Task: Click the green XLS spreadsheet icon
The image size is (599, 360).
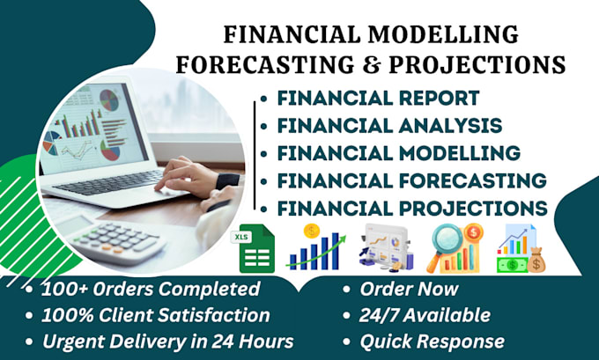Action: click(253, 248)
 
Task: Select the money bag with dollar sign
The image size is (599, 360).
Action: click(536, 260)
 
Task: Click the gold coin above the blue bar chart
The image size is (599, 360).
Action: click(312, 231)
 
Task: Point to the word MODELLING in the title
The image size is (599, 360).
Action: click(443, 34)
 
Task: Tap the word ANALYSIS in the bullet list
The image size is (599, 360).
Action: click(450, 126)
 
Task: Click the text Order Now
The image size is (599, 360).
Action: click(409, 289)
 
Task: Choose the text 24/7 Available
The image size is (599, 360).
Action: click(425, 315)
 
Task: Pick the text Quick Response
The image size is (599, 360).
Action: click(432, 342)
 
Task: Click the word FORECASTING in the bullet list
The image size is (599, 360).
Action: click(472, 180)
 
